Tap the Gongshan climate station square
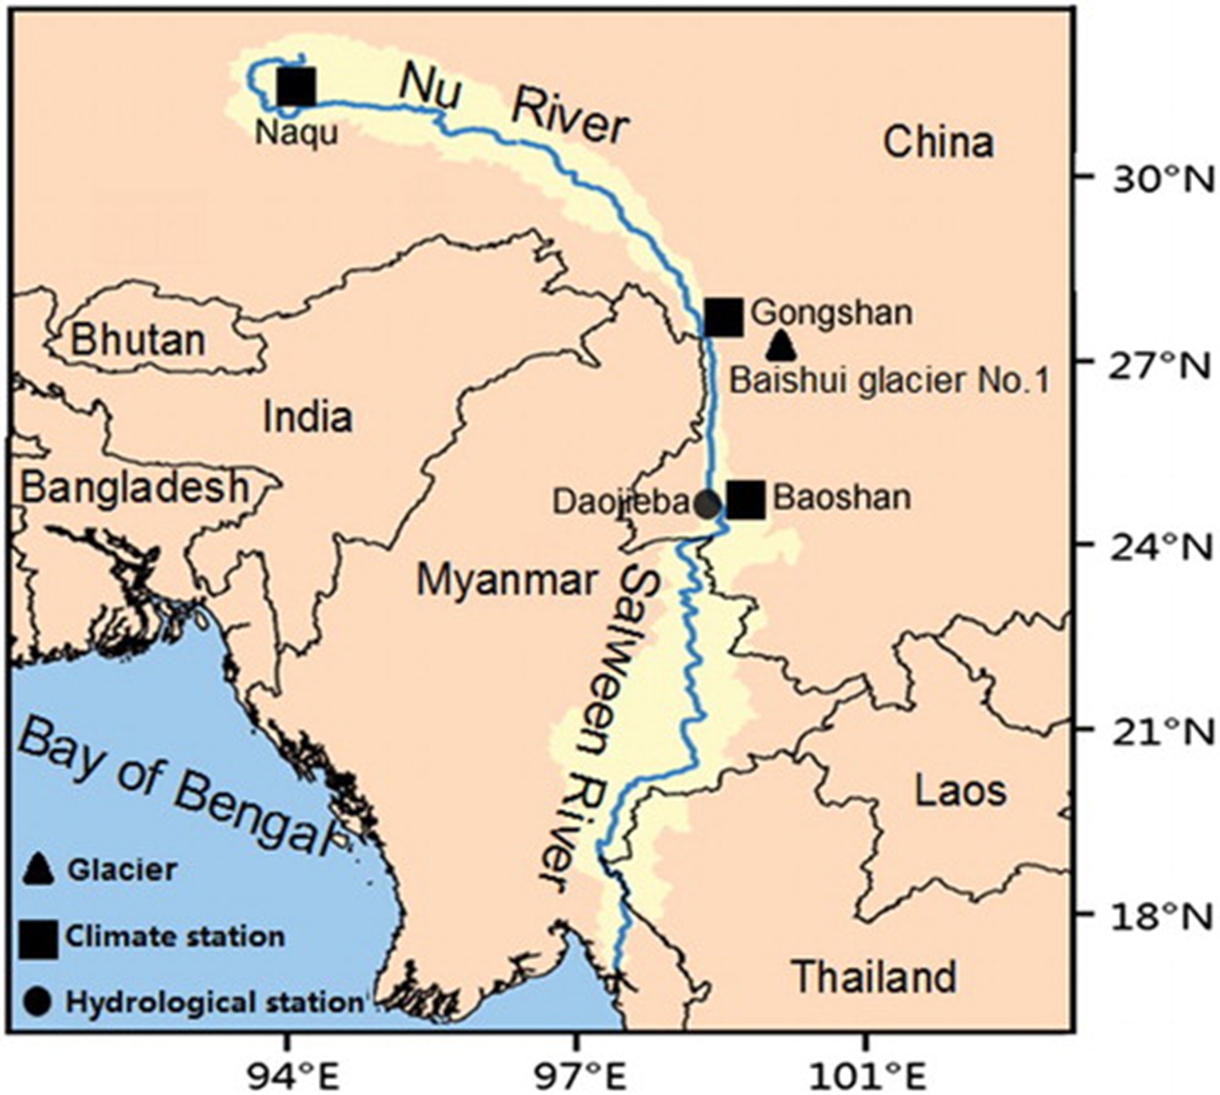(x=724, y=317)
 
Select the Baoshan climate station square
(x=746, y=499)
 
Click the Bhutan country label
(x=138, y=340)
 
